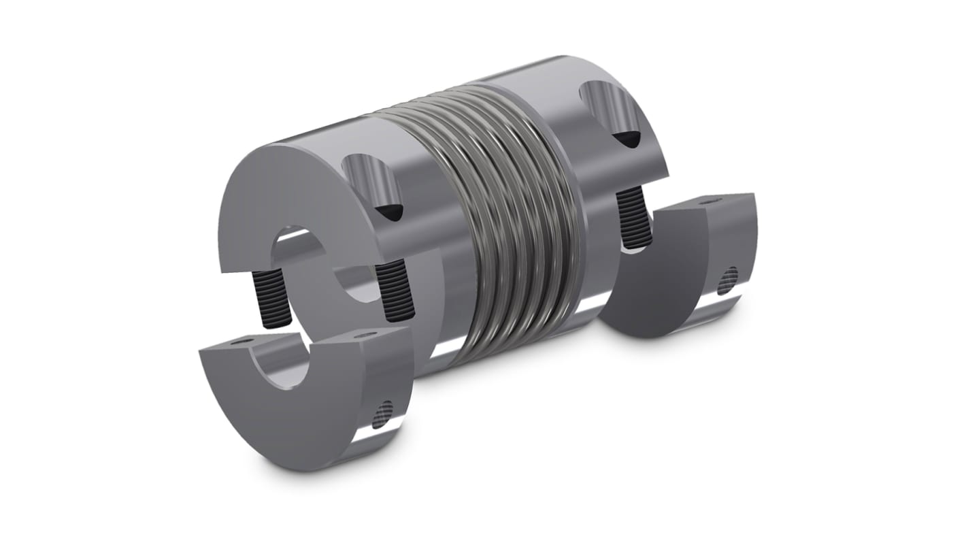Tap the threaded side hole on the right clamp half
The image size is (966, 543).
click(729, 276)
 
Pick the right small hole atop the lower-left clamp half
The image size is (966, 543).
click(367, 334)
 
